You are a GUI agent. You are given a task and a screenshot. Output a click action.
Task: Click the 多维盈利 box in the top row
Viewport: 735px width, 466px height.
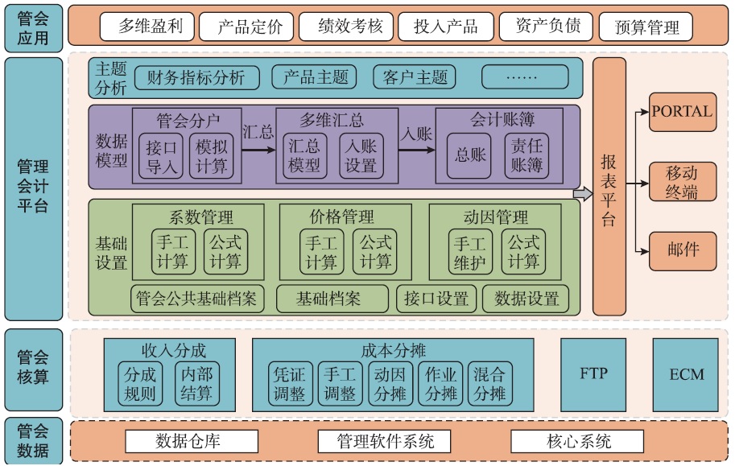click(150, 27)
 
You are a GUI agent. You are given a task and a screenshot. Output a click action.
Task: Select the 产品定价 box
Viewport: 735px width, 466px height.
click(250, 27)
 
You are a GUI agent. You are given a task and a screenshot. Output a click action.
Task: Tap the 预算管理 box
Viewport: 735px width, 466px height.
click(647, 27)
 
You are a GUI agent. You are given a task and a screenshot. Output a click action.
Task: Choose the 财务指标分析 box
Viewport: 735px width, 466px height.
click(197, 78)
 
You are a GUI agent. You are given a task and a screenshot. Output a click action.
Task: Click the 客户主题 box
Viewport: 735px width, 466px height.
click(415, 78)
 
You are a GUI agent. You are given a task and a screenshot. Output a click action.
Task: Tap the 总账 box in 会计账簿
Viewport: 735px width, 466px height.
click(471, 156)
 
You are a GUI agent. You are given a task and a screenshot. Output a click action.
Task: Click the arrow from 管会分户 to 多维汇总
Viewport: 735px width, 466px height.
click(258, 148)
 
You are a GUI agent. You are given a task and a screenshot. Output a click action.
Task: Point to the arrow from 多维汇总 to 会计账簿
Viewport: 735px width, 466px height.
click(416, 148)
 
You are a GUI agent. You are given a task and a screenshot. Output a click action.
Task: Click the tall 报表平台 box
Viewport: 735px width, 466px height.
click(609, 187)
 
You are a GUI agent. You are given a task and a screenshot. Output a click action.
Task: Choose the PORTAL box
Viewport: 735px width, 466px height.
click(683, 111)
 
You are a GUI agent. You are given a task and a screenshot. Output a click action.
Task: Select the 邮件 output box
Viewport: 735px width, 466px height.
click(683, 249)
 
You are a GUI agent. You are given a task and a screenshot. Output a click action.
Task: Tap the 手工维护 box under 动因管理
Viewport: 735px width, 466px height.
click(471, 252)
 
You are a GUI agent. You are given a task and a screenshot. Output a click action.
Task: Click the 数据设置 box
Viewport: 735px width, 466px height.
click(526, 299)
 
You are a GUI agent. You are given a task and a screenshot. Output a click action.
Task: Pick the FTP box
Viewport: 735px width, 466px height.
click(593, 373)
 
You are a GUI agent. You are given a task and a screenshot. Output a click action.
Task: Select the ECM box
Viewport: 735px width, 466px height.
click(686, 373)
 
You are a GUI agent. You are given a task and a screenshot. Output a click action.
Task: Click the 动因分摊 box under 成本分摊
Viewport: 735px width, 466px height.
click(391, 383)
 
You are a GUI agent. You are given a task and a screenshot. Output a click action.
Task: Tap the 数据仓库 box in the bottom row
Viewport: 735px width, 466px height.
click(192, 441)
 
